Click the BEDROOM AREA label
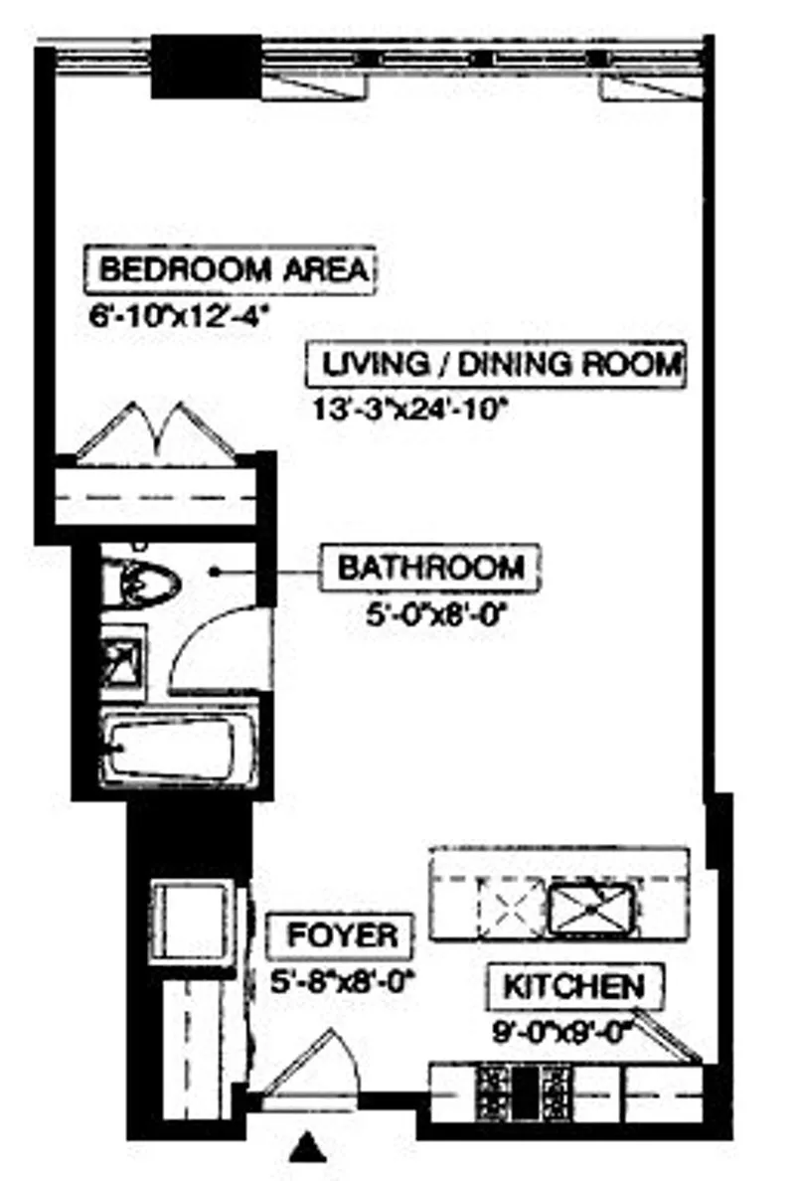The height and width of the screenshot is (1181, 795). [x=233, y=270]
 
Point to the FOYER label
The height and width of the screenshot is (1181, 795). [x=342, y=935]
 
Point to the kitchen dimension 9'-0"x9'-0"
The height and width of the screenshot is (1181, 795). [x=563, y=1031]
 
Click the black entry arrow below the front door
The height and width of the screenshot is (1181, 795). [x=309, y=1148]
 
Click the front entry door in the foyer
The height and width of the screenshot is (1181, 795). [x=303, y=1067]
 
